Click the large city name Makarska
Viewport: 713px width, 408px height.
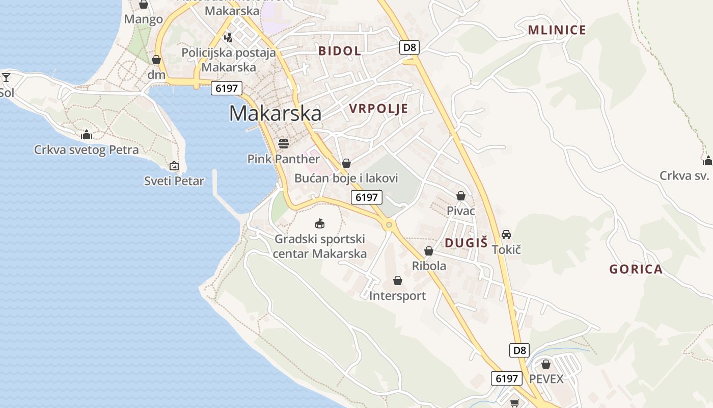click(275, 113)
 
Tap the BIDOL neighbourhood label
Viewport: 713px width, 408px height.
click(340, 50)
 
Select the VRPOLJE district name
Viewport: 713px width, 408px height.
click(378, 108)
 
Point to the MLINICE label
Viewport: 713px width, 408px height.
click(557, 30)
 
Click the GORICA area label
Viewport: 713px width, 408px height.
click(636, 269)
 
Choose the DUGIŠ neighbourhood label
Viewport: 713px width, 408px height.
click(466, 243)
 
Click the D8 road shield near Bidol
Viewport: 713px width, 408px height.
click(409, 48)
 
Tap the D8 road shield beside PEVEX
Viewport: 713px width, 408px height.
click(519, 350)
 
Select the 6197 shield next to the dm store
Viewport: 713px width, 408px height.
click(227, 88)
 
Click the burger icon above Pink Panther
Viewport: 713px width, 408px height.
click(284, 143)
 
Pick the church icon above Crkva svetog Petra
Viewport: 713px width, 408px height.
click(86, 135)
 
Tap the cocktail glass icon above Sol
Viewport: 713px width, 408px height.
click(6, 78)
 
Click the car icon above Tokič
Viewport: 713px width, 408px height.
click(506, 234)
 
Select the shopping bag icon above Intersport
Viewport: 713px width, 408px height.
click(397, 280)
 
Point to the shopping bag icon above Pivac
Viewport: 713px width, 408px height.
click(461, 196)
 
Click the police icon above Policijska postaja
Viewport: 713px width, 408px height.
click(228, 37)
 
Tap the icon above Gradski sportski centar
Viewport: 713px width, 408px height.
click(320, 223)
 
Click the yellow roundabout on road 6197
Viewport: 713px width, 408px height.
click(389, 224)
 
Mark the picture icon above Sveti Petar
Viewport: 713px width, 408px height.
click(174, 166)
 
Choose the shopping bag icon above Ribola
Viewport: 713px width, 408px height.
click(429, 251)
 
